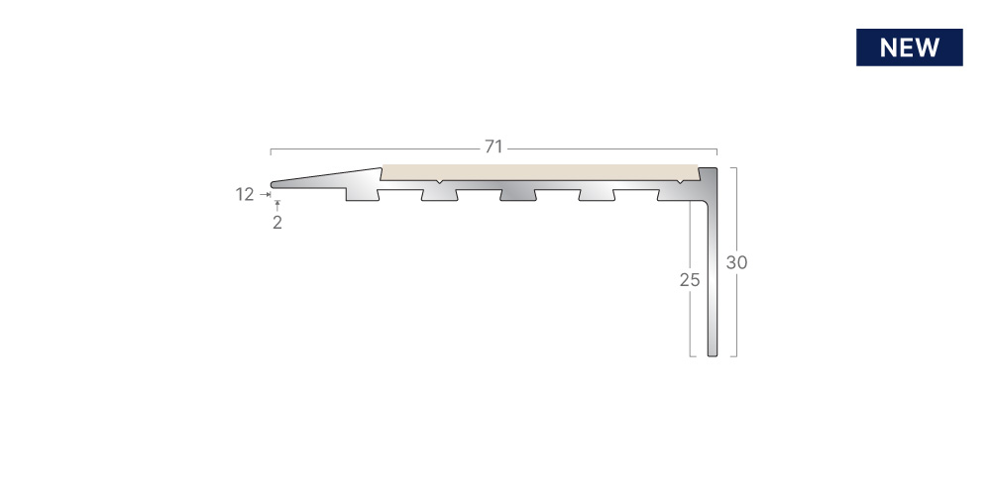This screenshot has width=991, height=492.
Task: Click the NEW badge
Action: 909,48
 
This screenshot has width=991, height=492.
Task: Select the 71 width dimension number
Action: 494,148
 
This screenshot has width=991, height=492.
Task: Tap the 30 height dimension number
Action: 736,262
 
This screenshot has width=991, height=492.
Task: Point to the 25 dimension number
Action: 690,280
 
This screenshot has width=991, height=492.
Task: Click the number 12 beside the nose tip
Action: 245,195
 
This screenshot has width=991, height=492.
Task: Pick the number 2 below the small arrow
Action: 277,223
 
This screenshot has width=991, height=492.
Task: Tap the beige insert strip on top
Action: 540,172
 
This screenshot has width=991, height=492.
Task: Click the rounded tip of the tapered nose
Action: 273,184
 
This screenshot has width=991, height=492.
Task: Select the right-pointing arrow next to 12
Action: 265,195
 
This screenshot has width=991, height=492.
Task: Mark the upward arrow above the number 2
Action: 276,205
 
